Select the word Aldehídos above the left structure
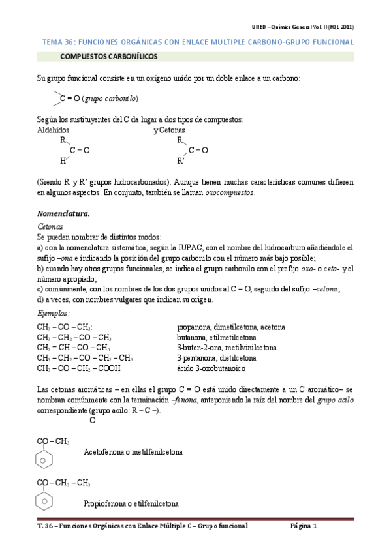54,130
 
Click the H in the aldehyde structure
63,160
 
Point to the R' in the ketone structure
181,160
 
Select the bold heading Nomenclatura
63,214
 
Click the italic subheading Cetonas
50,226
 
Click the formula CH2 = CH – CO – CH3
74,348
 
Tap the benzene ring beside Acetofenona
44,460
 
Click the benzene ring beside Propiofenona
44,501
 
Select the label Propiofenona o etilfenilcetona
131,504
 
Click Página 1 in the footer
304,526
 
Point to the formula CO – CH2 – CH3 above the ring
63,483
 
